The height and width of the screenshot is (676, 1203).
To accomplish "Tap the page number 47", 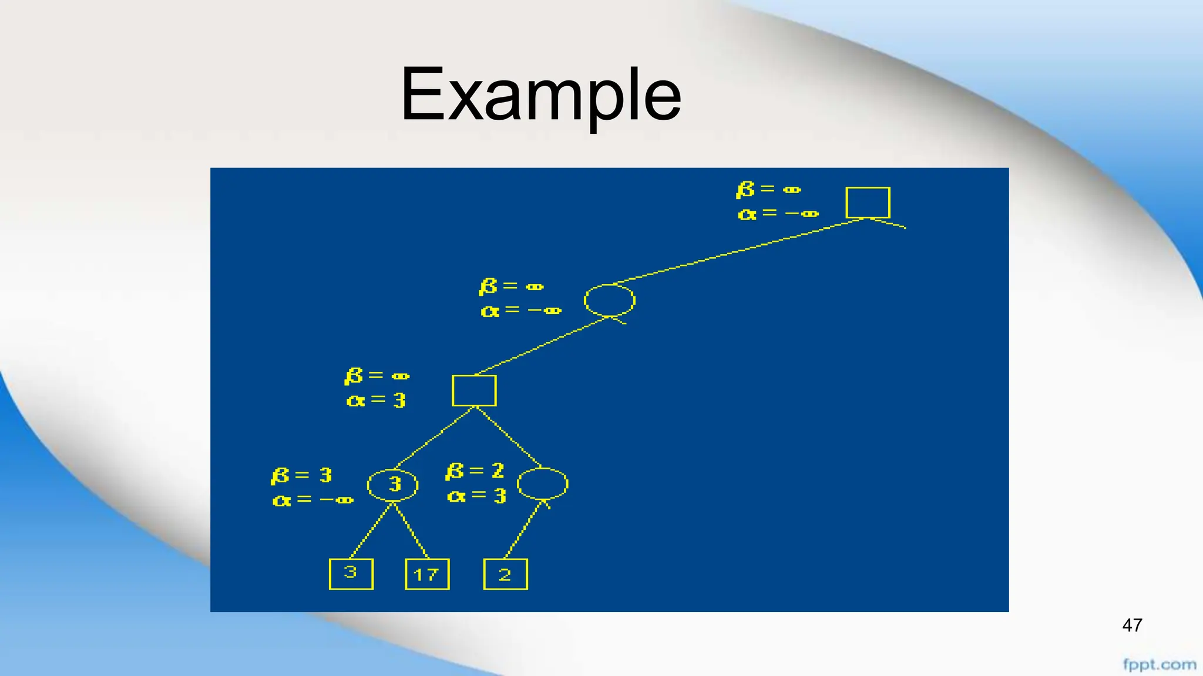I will point(1132,626).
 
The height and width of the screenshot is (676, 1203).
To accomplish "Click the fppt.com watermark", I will point(1159,665).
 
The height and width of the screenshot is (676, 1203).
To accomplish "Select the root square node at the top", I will point(868,202).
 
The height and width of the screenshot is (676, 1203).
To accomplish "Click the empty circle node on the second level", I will point(609,300).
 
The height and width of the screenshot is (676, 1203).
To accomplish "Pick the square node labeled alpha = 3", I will point(474,390).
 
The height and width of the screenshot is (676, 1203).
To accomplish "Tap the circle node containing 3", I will point(393,485).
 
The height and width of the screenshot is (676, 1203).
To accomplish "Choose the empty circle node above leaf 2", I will point(542,484).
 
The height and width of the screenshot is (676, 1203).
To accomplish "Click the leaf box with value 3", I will point(351,573).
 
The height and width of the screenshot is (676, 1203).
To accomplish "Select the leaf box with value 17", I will point(427,574).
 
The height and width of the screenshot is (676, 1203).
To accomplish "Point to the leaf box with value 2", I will point(505,574).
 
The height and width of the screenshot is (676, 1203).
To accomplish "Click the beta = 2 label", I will point(475,471).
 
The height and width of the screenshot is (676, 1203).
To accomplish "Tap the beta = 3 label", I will point(301,475).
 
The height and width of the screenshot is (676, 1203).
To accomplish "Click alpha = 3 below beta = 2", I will point(476,496).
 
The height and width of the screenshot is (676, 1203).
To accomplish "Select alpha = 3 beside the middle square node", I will point(376,401).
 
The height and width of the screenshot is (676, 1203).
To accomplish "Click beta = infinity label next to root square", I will point(768,190).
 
